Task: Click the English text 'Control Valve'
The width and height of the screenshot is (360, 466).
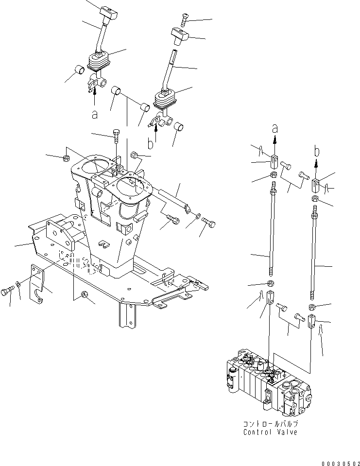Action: click(270, 432)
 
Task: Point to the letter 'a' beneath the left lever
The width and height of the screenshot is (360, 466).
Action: click(95, 115)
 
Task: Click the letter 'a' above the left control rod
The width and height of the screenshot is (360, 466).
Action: click(275, 129)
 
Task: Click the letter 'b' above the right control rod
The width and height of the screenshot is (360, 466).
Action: click(316, 152)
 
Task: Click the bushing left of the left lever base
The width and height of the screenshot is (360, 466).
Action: click(80, 72)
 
